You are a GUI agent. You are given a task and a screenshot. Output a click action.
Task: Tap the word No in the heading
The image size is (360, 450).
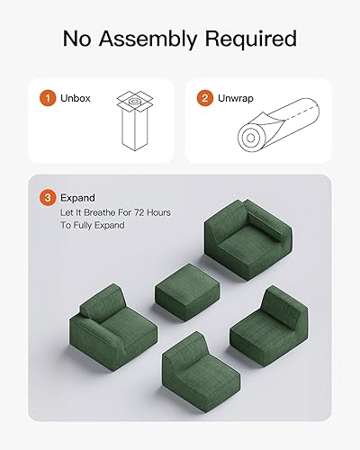click(x=78, y=39)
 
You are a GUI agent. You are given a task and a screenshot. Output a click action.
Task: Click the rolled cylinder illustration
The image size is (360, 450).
click(x=274, y=126)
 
